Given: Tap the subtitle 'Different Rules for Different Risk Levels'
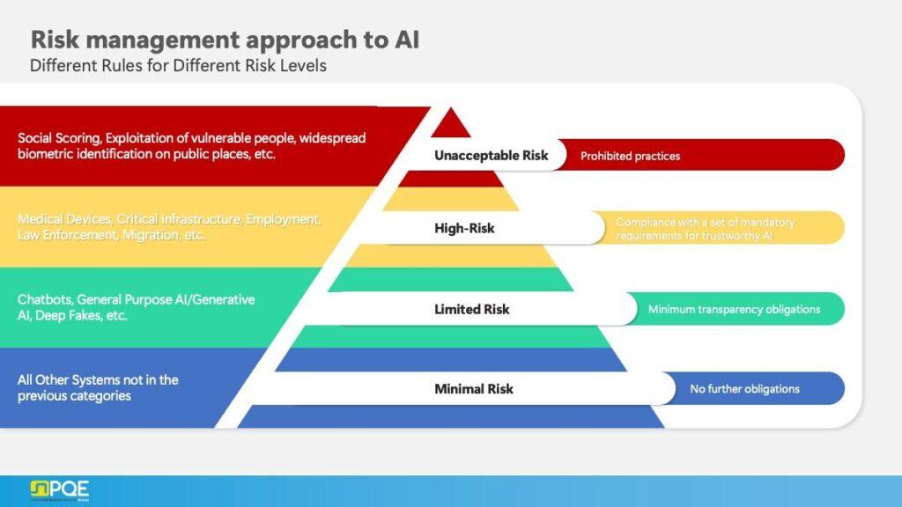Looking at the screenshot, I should (178, 66).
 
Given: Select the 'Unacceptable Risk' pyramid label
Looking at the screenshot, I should (491, 156).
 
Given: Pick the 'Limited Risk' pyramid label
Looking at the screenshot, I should (471, 309).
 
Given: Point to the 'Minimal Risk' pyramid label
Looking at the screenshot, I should (473, 389).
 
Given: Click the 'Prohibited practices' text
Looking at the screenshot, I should (630, 156).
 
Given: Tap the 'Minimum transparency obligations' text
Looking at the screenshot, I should (734, 309).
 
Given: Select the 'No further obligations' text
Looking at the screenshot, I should (744, 389).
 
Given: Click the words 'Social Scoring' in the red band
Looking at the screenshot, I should (55, 138).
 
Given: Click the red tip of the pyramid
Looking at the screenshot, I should (451, 124).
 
